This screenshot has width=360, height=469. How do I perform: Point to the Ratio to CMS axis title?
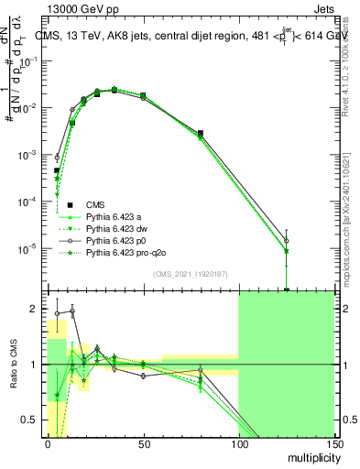click(x=13, y=365)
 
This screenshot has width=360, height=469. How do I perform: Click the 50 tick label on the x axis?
click(x=142, y=444)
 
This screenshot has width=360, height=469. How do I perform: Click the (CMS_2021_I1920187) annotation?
click(x=191, y=274)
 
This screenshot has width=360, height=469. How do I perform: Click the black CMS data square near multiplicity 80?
click(x=201, y=133)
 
